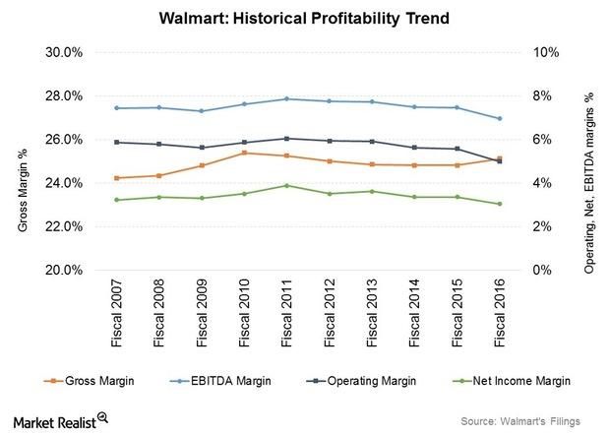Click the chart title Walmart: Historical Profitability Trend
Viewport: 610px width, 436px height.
click(x=304, y=18)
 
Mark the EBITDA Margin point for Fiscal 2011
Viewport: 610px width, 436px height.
click(x=286, y=98)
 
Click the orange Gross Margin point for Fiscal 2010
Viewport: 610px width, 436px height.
click(x=244, y=153)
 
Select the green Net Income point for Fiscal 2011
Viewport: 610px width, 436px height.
click(x=286, y=185)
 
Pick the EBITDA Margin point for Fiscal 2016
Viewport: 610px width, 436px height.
click(x=500, y=118)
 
